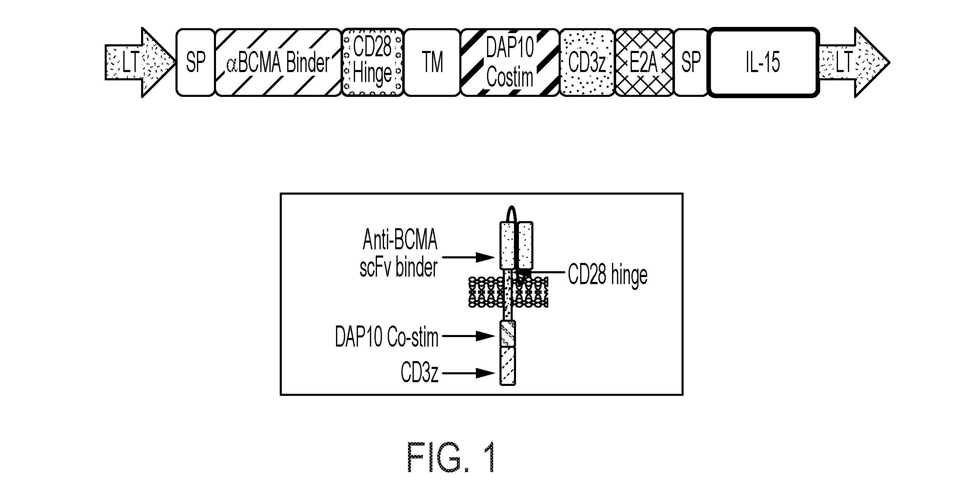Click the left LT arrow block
pos(140,63)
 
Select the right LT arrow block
pos(854,63)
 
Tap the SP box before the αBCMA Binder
pos(195,63)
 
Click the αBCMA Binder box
pos(278,63)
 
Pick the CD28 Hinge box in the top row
pos(372,63)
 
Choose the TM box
pos(432,63)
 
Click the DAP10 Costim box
pos(510,63)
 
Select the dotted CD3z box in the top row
pos(587,63)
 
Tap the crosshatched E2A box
pos(644,63)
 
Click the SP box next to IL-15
pos(691,63)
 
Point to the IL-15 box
pos(763,63)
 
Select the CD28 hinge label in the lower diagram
pos(607,275)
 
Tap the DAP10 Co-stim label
pos(386,337)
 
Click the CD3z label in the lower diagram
pos(419,373)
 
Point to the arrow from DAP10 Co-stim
pos(468,336)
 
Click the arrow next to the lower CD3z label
pos(468,373)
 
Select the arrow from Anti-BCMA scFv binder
pos(468,257)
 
